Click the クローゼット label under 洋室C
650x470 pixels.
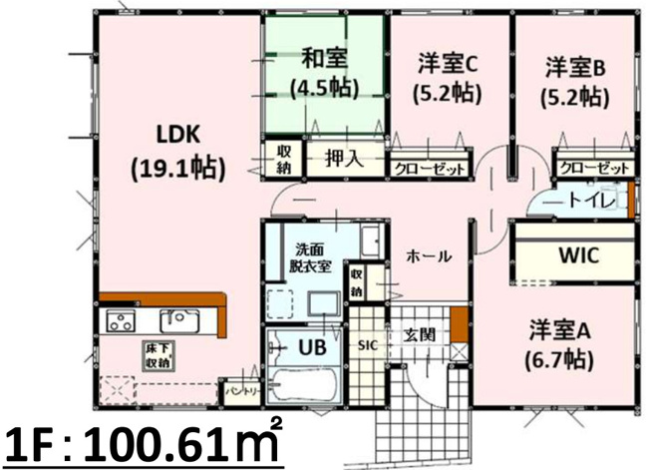coord(429,169)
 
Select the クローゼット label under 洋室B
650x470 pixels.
coord(594,168)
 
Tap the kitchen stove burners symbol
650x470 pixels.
coord(121,321)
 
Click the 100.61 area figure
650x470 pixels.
coord(175,440)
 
